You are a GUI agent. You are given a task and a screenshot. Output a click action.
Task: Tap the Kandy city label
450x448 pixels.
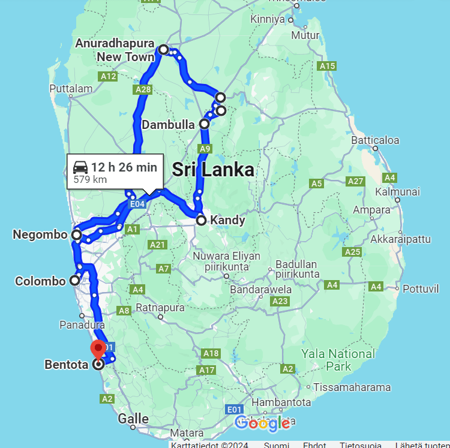click(x=227, y=220)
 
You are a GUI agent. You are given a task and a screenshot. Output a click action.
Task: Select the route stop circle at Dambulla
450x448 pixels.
click(x=205, y=124)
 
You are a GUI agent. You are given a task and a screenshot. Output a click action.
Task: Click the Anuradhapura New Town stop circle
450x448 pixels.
click(x=163, y=49)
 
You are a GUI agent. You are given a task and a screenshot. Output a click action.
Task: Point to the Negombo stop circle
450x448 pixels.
click(x=76, y=235)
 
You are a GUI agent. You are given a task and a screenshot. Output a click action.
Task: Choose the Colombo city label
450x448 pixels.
click(x=40, y=281)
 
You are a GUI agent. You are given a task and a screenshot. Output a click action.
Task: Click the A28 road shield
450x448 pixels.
click(x=143, y=89)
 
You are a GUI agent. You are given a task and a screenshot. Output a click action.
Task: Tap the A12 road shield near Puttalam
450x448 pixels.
click(x=108, y=76)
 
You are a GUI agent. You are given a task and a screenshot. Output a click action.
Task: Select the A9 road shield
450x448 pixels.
click(x=205, y=148)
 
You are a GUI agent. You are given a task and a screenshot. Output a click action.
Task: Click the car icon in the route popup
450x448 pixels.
click(x=80, y=167)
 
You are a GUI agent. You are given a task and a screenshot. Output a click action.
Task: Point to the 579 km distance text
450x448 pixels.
click(x=90, y=179)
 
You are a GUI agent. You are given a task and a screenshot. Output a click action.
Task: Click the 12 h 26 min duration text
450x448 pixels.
click(x=124, y=167)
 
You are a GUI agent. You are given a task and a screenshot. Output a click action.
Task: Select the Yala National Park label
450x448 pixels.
click(x=338, y=360)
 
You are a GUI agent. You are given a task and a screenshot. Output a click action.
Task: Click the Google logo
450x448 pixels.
click(x=262, y=423)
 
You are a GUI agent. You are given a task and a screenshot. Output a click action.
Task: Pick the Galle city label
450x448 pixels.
click(x=133, y=418)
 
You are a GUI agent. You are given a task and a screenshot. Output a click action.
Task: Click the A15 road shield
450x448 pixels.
click(x=328, y=66)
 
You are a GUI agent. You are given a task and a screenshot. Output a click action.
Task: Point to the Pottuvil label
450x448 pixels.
click(x=421, y=289)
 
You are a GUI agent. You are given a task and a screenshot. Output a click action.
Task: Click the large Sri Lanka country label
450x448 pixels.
click(x=213, y=170)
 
